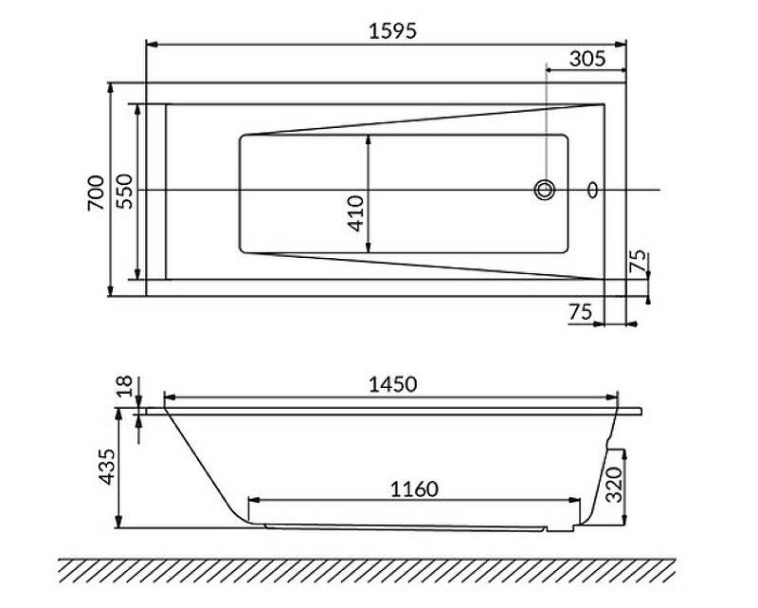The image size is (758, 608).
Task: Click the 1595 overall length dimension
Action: pyautogui.click(x=392, y=29)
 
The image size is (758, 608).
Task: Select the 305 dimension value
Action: pyautogui.click(x=588, y=58)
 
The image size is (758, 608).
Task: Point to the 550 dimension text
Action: pyautogui.click(x=124, y=192)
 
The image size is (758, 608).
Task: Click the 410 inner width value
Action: pyautogui.click(x=354, y=213)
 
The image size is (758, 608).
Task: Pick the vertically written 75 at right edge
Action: pyautogui.click(x=638, y=263)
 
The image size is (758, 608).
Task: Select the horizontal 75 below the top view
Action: pyautogui.click(x=581, y=312)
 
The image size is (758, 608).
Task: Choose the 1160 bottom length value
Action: pyautogui.click(x=414, y=489)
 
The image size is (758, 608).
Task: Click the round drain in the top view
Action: pyautogui.click(x=545, y=190)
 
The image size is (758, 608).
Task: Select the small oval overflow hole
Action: pyautogui.click(x=593, y=190)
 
